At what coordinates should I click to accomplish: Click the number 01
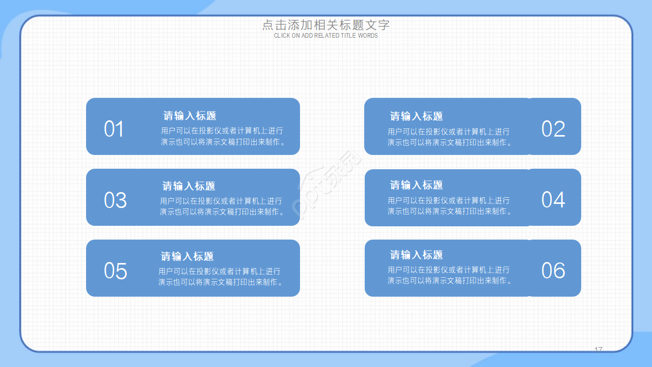tap(114, 129)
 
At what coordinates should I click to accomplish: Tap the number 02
tap(553, 129)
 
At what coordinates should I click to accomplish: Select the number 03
tap(115, 200)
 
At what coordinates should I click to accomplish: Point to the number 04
tap(553, 200)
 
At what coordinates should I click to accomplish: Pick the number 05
tap(115, 271)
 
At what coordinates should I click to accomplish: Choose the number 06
tap(553, 271)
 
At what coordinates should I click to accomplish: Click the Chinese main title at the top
tap(326, 25)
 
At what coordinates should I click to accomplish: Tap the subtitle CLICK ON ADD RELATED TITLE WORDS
tap(326, 36)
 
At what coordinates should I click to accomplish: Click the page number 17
tap(599, 349)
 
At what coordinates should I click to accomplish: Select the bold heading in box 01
tap(189, 116)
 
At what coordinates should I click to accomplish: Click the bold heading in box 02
tap(416, 116)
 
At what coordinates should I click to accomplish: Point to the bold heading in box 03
tap(188, 186)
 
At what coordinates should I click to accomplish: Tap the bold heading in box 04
tap(416, 185)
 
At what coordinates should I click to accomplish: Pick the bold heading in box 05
tap(187, 256)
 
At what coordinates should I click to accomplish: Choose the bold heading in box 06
tap(416, 255)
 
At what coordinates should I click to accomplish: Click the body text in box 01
tap(223, 137)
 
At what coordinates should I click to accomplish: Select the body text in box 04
tap(449, 206)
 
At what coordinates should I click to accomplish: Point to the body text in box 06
tap(449, 275)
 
